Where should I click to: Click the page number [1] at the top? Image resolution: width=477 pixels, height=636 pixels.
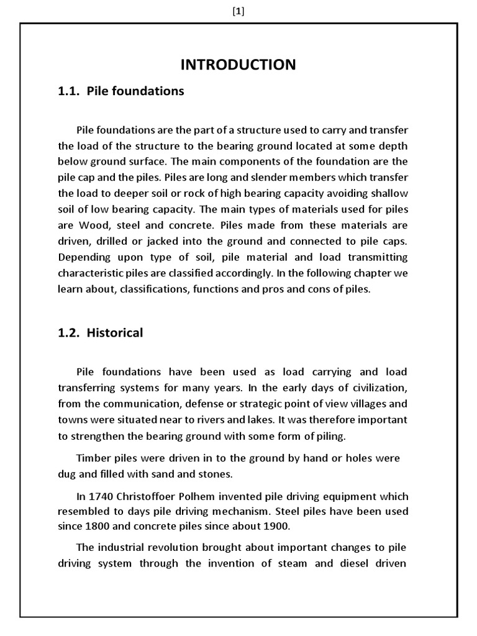(238, 11)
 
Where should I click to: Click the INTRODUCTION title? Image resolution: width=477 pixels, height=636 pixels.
(238, 65)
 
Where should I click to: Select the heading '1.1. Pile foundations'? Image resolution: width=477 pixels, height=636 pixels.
(121, 91)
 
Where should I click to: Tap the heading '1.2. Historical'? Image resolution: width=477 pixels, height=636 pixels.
(101, 333)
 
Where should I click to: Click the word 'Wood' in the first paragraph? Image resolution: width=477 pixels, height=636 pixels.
(92, 225)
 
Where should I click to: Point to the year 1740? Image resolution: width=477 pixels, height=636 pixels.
(101, 496)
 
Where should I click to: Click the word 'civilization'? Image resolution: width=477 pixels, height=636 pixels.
(377, 388)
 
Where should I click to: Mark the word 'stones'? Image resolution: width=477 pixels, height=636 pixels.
(217, 474)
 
